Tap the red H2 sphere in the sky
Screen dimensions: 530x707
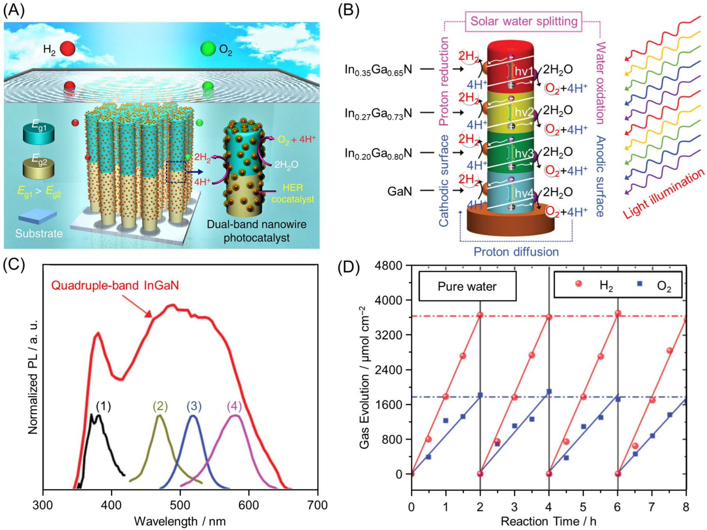click(x=67, y=48)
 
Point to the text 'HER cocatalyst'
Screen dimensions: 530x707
click(x=293, y=193)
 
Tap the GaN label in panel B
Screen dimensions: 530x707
click(x=400, y=191)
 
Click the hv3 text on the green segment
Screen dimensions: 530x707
click(x=523, y=154)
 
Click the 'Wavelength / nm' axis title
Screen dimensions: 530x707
click(x=180, y=521)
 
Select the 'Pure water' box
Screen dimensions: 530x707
click(x=467, y=286)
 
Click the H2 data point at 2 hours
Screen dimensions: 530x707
click(x=480, y=315)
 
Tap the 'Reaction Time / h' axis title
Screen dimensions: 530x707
click(x=548, y=521)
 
